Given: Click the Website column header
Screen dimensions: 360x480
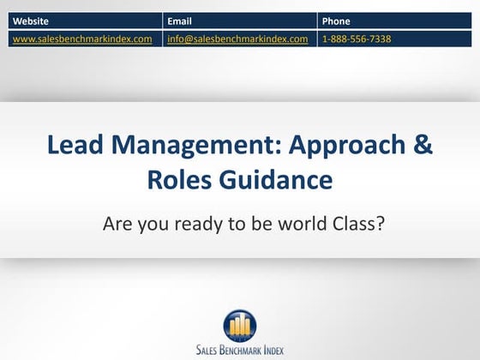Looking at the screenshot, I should pos(30,21).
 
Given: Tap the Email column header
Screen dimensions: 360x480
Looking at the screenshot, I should pos(179,21).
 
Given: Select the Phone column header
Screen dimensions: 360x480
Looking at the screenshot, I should pos(336,21).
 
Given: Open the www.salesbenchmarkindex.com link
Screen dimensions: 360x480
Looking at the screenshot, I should pos(82,39).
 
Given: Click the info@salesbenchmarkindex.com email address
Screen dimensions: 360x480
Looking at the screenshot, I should pos(237,39).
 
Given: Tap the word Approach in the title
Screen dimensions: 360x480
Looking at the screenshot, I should pos(330,145).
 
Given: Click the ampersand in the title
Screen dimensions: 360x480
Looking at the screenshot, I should pos(423,145).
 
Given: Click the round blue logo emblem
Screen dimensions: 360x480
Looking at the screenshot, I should pos(240,323).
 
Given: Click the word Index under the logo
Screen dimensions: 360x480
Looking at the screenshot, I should pos(275,350).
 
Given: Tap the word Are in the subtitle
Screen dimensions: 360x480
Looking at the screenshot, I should pos(118,225).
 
